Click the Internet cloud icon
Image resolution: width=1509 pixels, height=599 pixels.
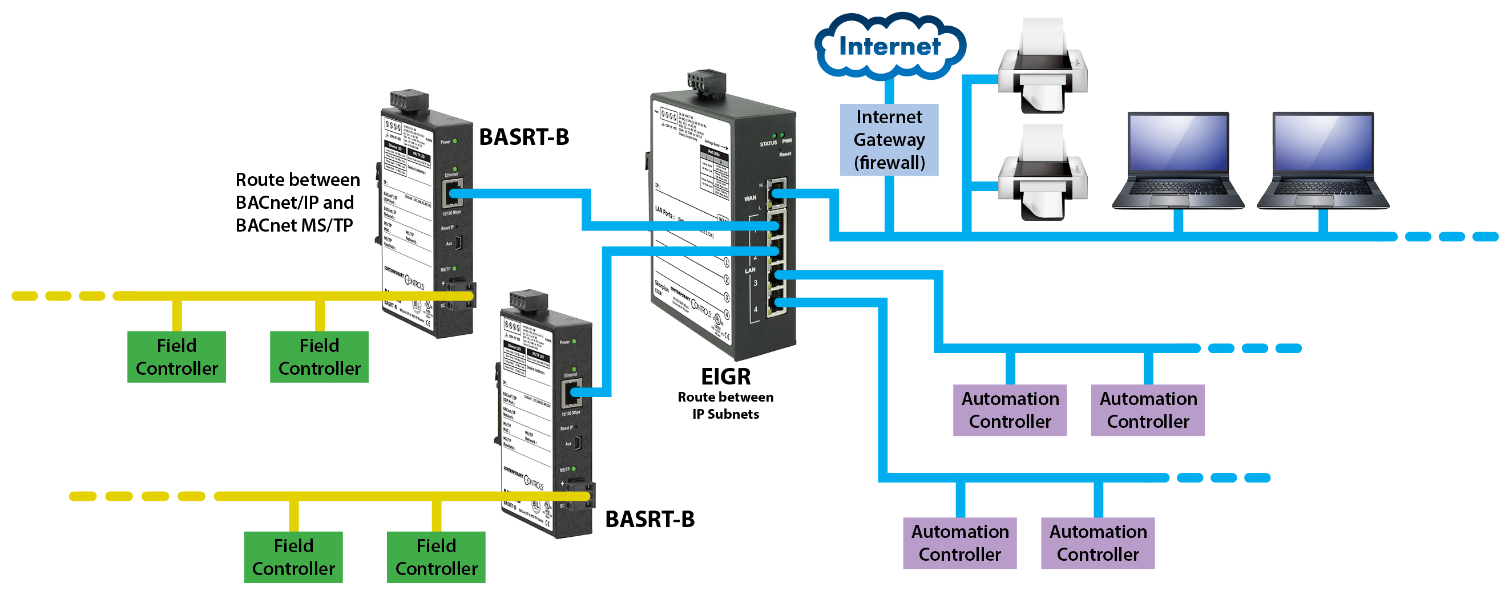889,46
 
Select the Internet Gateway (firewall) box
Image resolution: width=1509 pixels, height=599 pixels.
889,139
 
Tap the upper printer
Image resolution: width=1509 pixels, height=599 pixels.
1043,67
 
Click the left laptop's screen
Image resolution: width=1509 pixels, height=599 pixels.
1177,143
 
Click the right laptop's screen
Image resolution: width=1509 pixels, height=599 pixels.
1322,143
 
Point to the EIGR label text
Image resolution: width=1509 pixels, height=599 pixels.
726,376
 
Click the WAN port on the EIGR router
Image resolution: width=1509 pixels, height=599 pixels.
777,193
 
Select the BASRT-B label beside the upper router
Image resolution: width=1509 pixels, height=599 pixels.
524,137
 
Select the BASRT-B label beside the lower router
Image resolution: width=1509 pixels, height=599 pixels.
649,519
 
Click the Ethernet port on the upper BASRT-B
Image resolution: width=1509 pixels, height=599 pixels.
452,193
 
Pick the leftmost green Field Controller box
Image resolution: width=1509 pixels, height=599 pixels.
176,357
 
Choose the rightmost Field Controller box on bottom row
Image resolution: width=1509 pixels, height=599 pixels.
436,557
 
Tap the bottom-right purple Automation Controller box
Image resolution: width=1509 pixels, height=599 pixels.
1097,543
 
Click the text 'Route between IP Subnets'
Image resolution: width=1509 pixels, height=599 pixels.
725,405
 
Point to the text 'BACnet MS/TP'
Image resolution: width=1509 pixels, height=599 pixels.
294,225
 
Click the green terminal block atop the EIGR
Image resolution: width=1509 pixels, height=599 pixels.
707,81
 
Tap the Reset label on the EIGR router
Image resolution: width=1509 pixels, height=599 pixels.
785,154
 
